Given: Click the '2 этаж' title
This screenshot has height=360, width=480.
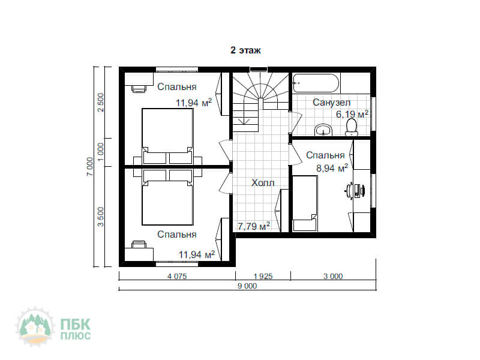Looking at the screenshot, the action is (x=245, y=50).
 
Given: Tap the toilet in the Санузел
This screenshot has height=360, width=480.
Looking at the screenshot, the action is (x=352, y=127).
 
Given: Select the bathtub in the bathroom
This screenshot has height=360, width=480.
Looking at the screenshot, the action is (x=316, y=83).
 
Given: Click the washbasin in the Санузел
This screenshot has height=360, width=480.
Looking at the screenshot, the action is (x=323, y=130).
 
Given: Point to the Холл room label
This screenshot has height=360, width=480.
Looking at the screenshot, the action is (x=263, y=183).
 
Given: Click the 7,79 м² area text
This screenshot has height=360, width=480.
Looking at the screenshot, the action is (x=254, y=226).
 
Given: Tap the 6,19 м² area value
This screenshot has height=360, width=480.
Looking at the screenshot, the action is (x=352, y=114).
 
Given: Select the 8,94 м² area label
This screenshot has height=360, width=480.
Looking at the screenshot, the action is (x=332, y=168).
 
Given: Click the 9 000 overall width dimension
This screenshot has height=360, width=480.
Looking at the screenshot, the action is (x=247, y=286).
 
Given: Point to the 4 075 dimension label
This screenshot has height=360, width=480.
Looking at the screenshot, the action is (x=177, y=276).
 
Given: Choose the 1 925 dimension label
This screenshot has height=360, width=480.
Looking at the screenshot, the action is (x=263, y=276).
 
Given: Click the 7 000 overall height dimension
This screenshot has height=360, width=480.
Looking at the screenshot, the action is (x=89, y=167).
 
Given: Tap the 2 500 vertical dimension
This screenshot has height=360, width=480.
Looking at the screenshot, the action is (x=101, y=103).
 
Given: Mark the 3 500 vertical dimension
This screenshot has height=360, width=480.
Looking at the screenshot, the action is (x=101, y=217).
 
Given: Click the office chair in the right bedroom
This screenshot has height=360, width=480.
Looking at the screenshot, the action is (x=355, y=191).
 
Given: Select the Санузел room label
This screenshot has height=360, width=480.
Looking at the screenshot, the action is (x=331, y=102).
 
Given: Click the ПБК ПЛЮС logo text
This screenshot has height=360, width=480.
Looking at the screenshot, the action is (x=76, y=329).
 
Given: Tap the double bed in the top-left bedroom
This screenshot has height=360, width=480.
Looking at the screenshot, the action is (x=167, y=136).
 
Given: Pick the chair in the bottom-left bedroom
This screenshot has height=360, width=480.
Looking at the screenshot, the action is (x=139, y=244).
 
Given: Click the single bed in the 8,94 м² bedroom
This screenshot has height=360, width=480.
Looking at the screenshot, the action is (x=305, y=203).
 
